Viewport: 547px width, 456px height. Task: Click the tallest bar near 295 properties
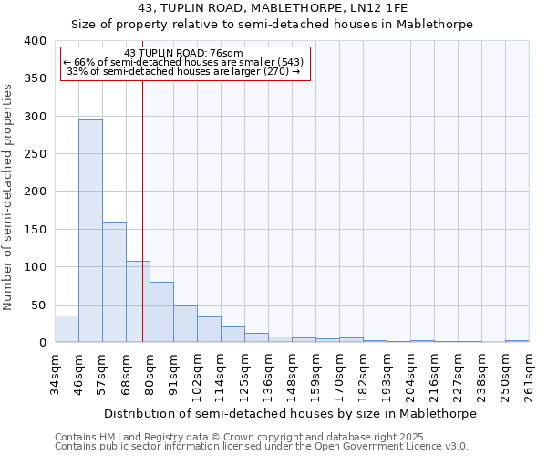click(x=90, y=231)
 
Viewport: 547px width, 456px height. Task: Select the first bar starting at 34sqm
click(x=67, y=329)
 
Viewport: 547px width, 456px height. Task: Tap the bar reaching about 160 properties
click(x=114, y=282)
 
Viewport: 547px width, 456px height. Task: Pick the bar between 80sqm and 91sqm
click(x=161, y=312)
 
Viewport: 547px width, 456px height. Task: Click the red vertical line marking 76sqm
click(x=143, y=201)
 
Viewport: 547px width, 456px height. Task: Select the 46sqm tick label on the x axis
click(x=79, y=374)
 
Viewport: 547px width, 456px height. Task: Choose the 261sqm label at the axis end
click(x=529, y=374)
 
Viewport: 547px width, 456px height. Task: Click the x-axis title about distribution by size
click(x=290, y=413)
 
